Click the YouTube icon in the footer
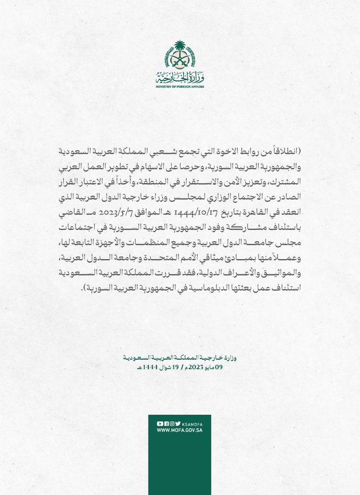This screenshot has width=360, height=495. point(160,424)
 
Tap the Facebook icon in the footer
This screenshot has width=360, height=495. point(166,424)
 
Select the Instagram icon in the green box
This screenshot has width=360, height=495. point(172,424)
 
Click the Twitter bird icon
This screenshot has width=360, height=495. point(178,424)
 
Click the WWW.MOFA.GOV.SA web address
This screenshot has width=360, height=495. point(180,431)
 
